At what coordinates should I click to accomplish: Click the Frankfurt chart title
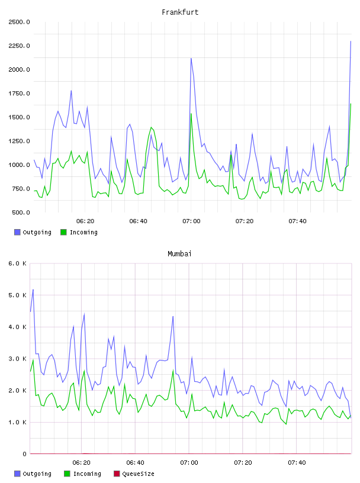tap(180, 12)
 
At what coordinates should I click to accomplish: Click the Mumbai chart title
tap(179, 253)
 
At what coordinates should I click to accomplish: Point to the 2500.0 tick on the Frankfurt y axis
tap(19, 22)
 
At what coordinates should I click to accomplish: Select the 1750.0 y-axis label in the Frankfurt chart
tap(19, 94)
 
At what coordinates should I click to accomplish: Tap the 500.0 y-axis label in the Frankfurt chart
tap(21, 212)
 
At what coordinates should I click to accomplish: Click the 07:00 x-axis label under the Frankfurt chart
tap(191, 221)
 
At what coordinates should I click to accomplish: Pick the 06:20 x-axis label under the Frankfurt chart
tap(85, 221)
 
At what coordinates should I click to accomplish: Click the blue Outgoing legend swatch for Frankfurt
tap(17, 232)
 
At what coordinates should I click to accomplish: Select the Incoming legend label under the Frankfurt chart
tap(83, 232)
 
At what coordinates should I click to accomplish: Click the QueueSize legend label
tap(138, 474)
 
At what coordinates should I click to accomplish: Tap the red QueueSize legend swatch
tap(117, 474)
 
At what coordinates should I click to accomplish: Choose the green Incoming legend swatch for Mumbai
tap(67, 474)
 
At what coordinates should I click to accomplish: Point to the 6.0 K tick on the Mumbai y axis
tap(18, 263)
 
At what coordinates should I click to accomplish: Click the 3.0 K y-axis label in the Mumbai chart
tap(18, 359)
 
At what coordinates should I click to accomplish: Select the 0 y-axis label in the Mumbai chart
tap(24, 454)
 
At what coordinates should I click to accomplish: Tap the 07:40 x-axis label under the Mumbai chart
tap(297, 462)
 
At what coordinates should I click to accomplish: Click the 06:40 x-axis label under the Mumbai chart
tap(136, 462)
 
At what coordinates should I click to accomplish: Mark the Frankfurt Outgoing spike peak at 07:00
tap(191, 58)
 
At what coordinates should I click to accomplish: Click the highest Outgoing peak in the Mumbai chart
tap(33, 289)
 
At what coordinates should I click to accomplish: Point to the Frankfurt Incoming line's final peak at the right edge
tap(351, 104)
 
